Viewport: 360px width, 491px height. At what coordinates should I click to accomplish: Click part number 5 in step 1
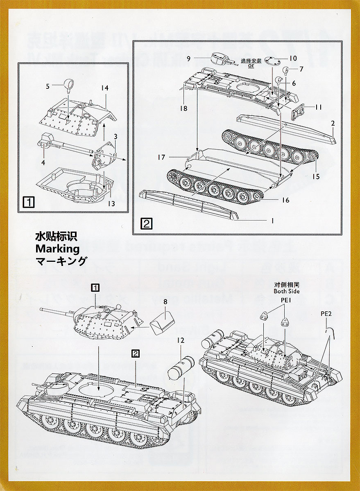click(48, 86)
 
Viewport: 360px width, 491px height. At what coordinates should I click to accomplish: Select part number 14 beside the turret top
click(105, 88)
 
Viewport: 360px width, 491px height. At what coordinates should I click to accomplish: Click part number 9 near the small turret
click(188, 59)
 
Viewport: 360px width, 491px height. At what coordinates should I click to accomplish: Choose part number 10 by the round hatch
click(293, 59)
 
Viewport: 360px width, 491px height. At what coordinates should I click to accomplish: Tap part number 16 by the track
click(285, 200)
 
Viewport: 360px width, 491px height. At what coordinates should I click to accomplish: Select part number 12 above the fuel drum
click(181, 340)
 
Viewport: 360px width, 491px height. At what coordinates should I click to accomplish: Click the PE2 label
click(326, 314)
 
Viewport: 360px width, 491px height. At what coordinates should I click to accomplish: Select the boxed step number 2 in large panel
click(147, 224)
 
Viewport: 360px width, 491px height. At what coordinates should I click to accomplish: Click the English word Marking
click(57, 248)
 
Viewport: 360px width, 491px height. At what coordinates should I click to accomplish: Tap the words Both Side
click(287, 291)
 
